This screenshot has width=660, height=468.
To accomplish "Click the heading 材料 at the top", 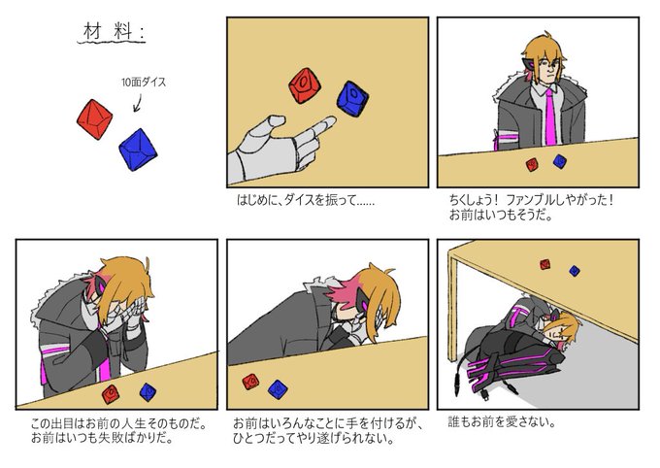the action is [112, 32].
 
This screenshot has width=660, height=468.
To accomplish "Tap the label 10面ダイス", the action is [144, 83].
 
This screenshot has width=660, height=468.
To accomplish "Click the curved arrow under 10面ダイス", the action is [137, 103].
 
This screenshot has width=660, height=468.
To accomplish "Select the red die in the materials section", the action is [95, 119].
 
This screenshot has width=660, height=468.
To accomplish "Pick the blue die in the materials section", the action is [138, 150].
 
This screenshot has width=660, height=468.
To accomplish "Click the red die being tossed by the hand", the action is [305, 85].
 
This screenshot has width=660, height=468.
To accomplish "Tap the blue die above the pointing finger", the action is [352, 99].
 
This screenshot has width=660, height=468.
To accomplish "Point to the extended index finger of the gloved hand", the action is [320, 127].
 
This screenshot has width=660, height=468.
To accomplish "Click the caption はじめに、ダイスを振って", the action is [305, 200].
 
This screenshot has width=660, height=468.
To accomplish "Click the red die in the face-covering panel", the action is [111, 394].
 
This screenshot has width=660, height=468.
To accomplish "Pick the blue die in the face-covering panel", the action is [148, 391].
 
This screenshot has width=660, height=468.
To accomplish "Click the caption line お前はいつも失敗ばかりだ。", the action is [102, 439].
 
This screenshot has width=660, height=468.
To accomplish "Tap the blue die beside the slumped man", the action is [278, 389].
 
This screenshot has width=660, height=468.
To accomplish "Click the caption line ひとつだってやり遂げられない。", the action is [313, 439].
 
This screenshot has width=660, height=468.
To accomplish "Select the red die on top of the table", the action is [545, 264].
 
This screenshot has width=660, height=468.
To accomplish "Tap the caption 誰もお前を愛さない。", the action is [502, 422].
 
